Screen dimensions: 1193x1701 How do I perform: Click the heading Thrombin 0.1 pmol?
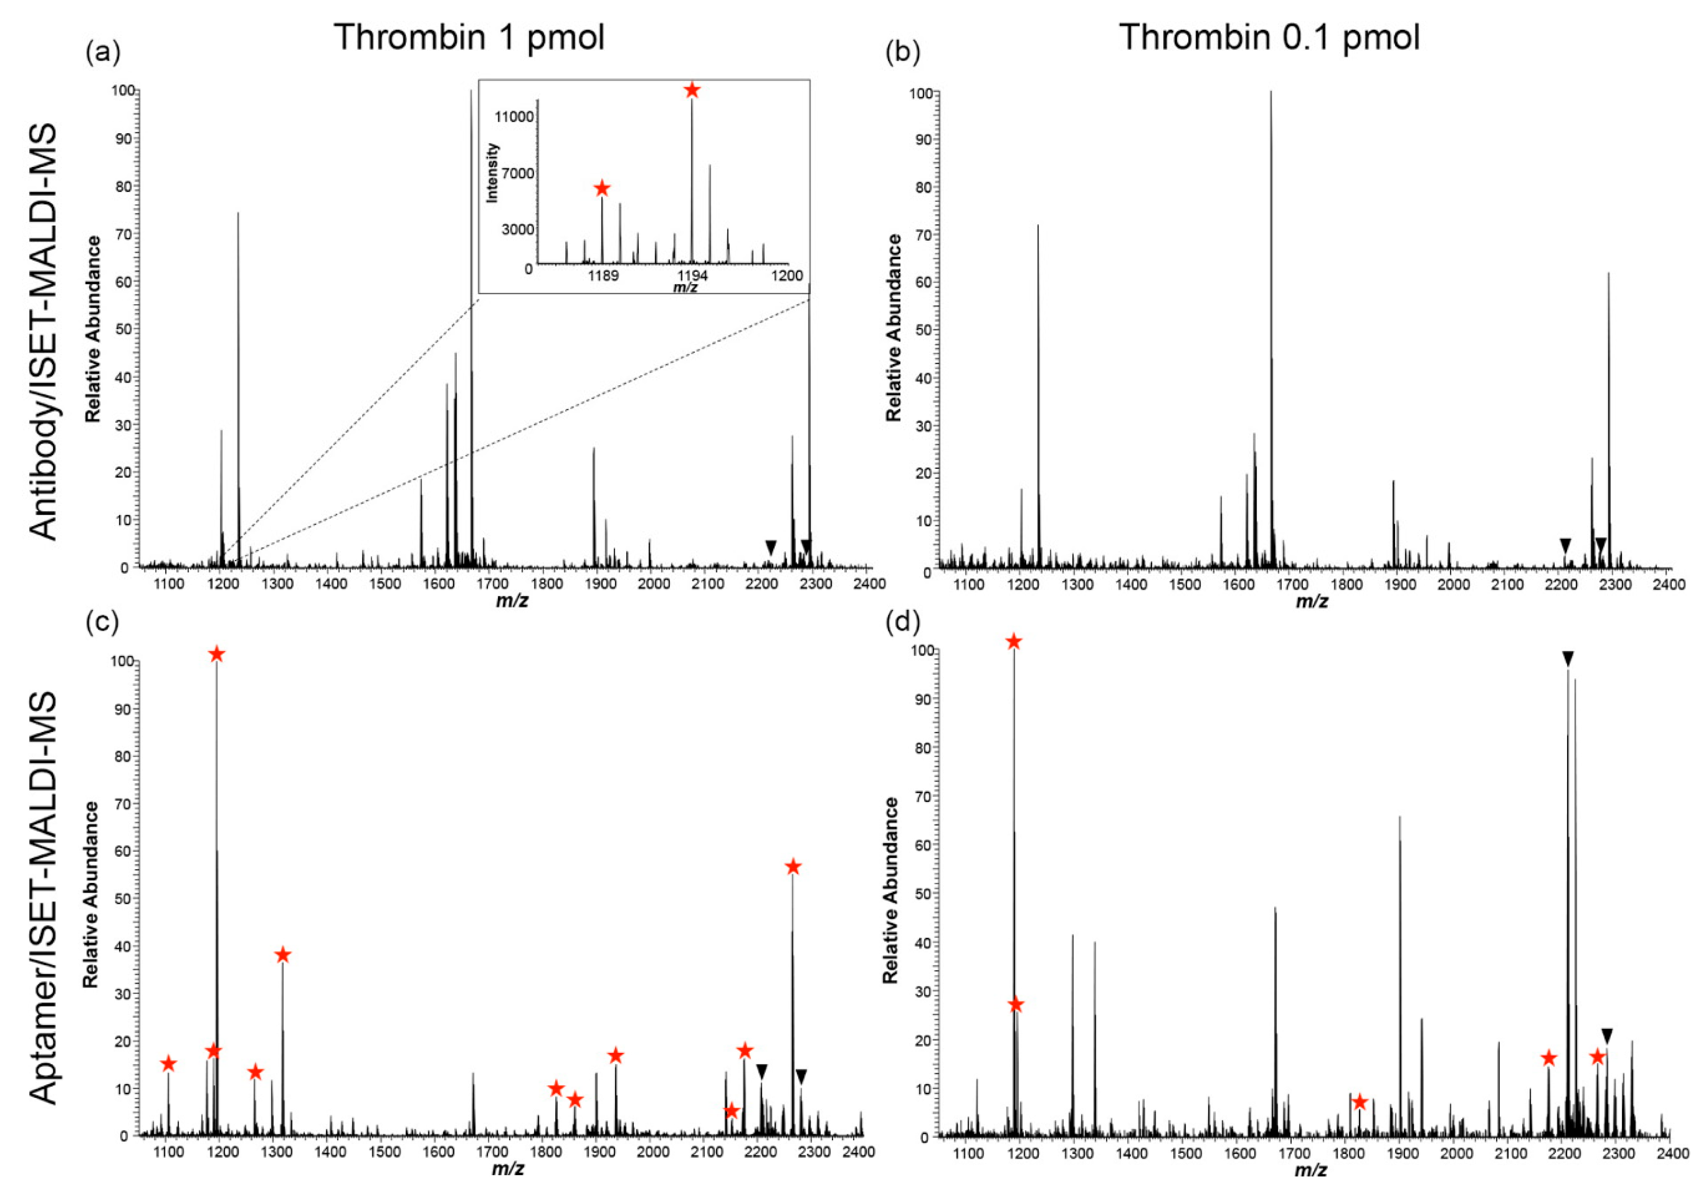click(x=1269, y=37)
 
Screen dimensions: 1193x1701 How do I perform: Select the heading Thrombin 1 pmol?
click(x=469, y=37)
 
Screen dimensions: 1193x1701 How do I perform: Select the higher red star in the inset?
click(x=692, y=91)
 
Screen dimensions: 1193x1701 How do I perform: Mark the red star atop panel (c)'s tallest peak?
click(x=216, y=654)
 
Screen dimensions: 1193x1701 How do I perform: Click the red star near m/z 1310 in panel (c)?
click(x=282, y=955)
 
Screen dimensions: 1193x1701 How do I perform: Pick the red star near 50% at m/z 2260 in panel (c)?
click(x=793, y=867)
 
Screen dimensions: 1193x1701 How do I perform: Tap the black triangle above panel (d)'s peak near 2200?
click(x=1567, y=658)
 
